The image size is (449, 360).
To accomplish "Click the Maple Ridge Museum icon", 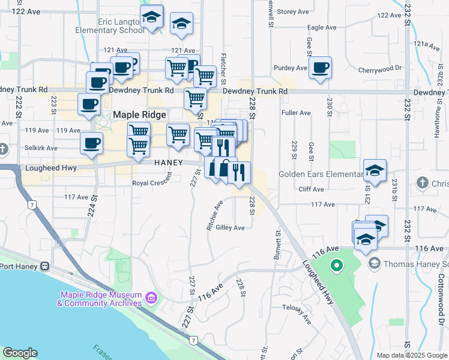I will [151, 298].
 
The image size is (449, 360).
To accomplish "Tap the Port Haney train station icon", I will [44, 266].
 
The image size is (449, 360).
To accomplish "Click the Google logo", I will [20, 353].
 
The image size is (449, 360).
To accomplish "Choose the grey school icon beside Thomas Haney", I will [375, 263].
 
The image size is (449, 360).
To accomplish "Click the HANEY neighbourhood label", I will [168, 163].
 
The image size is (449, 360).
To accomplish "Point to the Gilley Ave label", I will [230, 228].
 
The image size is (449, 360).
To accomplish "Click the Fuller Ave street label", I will [296, 113].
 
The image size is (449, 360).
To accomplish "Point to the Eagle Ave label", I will [322, 28].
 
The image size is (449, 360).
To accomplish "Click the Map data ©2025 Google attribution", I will [411, 355].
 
